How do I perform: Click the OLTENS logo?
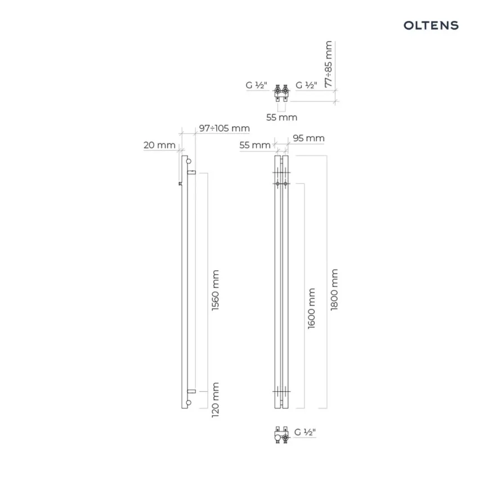click(431, 25)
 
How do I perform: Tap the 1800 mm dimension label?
click(334, 289)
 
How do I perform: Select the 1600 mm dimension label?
click(311, 308)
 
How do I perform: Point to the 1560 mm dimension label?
click(215, 290)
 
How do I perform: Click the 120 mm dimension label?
click(215, 400)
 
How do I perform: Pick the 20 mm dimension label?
click(159, 145)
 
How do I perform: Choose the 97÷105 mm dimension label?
click(225, 128)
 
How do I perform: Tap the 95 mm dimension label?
click(308, 138)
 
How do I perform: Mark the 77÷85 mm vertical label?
click(329, 64)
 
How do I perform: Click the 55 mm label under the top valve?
click(282, 117)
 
